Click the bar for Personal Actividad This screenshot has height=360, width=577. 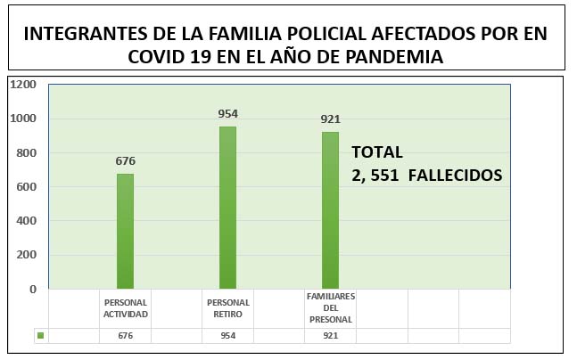125,231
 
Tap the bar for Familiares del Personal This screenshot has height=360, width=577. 331,210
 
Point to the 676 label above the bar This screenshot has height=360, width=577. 125,161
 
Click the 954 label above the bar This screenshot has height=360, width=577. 228,114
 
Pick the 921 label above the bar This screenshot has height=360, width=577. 331,119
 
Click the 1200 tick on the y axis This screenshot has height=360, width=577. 23,85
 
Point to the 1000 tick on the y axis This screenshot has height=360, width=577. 23,119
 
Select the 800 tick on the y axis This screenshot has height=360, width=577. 26,152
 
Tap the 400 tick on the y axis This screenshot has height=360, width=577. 26,221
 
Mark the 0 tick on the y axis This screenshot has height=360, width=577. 33,289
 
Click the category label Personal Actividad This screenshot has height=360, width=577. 125,308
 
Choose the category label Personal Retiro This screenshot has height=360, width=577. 228,308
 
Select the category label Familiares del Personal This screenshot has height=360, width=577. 331,307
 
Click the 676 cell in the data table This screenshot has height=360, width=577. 125,336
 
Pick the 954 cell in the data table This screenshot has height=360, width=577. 228,336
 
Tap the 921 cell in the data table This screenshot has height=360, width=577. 331,336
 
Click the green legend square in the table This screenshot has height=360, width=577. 40,336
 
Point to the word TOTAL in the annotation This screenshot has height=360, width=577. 377,151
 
